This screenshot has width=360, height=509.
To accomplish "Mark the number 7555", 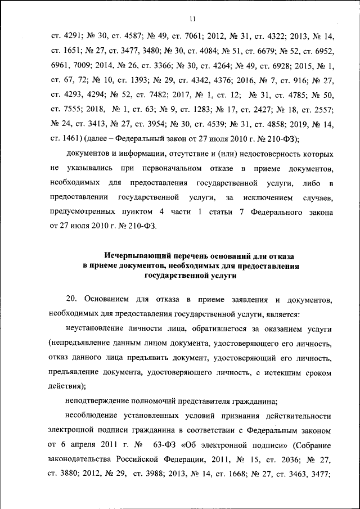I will tap(72, 110).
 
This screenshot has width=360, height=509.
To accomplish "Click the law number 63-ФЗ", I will tap(167, 445).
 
